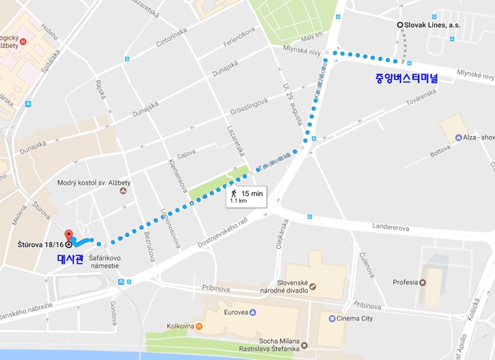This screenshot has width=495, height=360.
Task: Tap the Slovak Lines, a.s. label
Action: point(431,25)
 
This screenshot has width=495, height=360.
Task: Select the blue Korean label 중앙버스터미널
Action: point(407,79)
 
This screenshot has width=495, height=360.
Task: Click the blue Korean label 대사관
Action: point(70,259)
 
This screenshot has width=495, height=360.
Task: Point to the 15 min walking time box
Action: point(246,196)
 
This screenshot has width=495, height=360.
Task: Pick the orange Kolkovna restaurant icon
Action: point(199,326)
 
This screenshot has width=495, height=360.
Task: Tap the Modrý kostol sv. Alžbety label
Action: point(89,183)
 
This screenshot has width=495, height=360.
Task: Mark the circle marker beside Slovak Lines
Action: point(400,25)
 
